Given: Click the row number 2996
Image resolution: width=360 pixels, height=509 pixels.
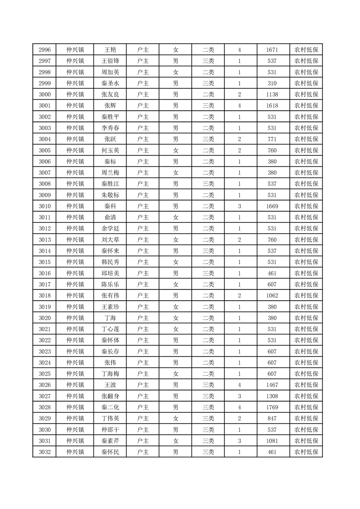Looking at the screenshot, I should [x=44, y=50].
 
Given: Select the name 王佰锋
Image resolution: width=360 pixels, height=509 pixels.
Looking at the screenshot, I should [x=110, y=61].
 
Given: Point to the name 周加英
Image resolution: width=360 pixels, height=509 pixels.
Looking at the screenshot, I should [x=110, y=72].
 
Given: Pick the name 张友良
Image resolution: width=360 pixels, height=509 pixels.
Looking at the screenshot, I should [x=110, y=94].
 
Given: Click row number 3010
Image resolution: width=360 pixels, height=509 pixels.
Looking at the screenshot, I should [x=44, y=206].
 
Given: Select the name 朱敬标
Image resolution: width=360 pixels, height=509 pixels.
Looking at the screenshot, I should [x=110, y=195].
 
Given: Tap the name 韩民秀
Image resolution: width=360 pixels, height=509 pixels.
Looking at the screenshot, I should [x=110, y=262].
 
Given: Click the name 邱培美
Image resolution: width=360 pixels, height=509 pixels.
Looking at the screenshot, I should [x=110, y=273].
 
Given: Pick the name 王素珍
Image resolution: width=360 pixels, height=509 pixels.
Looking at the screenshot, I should [x=110, y=307].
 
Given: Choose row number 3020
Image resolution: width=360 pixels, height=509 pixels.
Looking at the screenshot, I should [x=44, y=318].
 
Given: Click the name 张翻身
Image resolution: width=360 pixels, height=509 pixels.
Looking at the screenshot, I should [x=110, y=396].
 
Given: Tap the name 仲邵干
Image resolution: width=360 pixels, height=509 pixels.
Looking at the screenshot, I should [x=110, y=430].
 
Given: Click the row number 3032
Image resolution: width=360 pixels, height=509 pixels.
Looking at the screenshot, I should [x=44, y=452].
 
